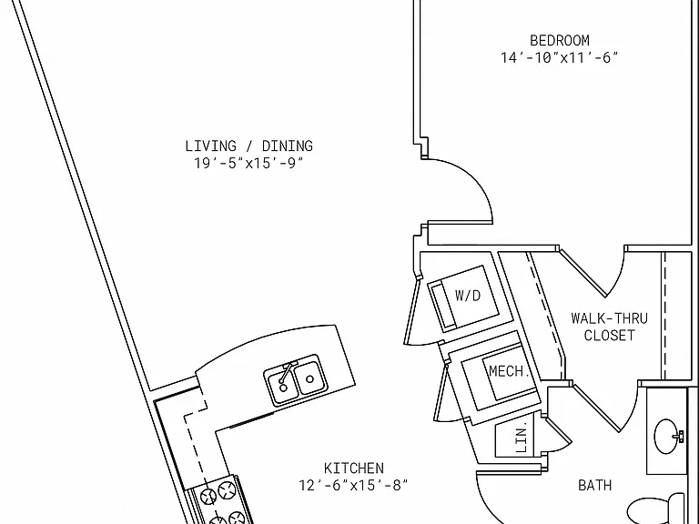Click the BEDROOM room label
point(560,41)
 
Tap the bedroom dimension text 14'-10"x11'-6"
point(560,58)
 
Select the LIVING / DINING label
point(248,146)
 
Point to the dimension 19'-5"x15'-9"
point(248,163)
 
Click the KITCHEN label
point(353,469)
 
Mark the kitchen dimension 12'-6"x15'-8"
point(353,485)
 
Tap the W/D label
point(468,296)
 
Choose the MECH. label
point(509,371)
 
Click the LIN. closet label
point(522,437)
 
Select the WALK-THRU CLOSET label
point(610,327)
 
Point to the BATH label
point(594,485)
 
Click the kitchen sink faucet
point(286,372)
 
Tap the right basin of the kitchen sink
point(309,378)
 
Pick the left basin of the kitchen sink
point(282,387)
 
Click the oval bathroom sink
point(667,437)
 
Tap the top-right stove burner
point(227,490)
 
